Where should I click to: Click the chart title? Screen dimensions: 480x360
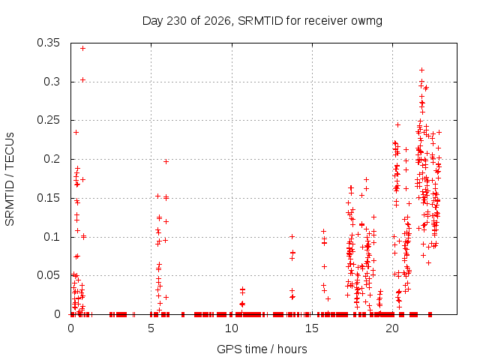262,21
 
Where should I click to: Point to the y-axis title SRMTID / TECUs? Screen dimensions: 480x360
10,179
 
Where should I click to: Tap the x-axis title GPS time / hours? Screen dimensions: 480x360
262,349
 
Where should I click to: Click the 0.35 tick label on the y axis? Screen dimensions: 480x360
48,43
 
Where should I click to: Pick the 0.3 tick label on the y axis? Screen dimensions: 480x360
52,82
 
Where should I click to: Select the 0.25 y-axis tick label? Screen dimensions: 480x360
48,120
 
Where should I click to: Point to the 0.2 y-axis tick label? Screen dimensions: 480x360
52,159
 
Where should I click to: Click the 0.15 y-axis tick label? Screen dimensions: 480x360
48,198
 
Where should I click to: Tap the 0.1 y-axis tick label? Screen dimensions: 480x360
52,237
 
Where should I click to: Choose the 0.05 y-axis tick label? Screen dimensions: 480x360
48,275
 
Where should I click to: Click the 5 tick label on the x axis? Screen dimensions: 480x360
151,328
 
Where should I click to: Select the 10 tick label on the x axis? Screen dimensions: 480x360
232,328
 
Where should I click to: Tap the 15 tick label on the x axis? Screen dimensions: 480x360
312,328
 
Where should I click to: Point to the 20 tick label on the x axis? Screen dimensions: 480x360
392,328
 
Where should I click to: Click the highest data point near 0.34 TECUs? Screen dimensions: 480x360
82,48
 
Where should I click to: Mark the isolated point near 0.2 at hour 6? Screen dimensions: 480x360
166,161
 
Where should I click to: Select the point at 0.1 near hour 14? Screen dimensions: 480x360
292,236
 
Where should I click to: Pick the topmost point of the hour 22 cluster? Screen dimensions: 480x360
421,70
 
